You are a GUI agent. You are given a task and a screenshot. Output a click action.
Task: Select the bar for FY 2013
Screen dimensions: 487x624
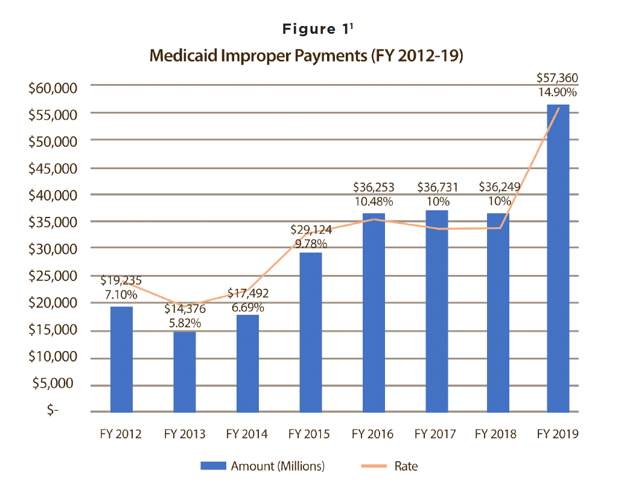tap(185, 371)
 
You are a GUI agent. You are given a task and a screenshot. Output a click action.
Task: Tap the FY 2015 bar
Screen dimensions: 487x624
tap(310, 332)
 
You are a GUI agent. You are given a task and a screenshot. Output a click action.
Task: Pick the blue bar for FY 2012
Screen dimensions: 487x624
tap(121, 359)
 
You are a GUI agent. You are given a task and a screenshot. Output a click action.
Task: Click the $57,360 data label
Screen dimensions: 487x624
tap(558, 79)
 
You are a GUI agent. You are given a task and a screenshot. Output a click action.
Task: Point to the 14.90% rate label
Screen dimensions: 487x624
tap(558, 93)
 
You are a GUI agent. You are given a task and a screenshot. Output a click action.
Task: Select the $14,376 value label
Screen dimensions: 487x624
tap(185, 309)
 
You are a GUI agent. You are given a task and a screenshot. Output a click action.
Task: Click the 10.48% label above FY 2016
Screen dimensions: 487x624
tap(374, 201)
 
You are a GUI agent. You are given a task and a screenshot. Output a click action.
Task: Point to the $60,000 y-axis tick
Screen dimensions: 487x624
tap(54, 88)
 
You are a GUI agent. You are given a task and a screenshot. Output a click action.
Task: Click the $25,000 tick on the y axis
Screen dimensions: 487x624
tap(54, 276)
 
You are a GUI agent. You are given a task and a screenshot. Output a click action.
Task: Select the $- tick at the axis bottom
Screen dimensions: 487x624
tap(54, 411)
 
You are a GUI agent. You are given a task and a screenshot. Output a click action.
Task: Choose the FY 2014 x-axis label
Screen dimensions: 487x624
tap(247, 434)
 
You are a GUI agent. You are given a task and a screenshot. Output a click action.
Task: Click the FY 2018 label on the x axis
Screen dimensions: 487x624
tap(495, 434)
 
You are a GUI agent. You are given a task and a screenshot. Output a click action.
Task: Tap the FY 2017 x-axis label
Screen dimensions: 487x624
tap(435, 434)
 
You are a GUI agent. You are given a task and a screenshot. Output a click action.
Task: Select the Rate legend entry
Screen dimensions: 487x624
tap(406, 466)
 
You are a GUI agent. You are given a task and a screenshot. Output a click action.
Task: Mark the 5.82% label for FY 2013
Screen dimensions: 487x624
tap(185, 323)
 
